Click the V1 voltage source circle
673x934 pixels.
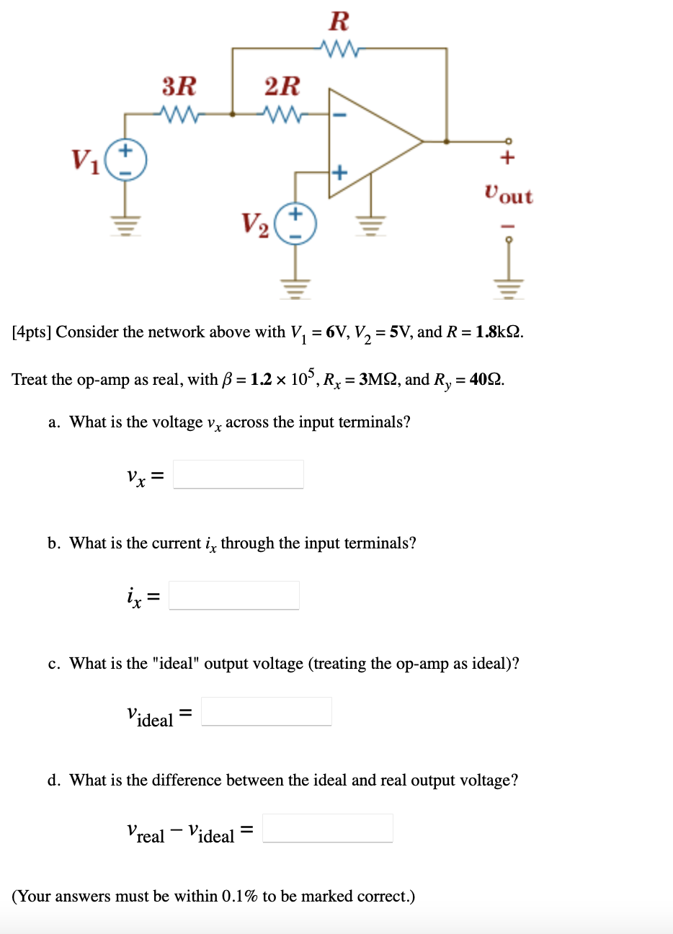pos(126,161)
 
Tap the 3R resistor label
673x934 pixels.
pos(179,86)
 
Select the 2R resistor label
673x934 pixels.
pos(282,86)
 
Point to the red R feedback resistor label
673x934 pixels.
pos(339,22)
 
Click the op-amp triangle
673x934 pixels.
pos(367,143)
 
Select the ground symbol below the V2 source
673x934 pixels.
pos(296,286)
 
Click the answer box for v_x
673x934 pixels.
pos(239,474)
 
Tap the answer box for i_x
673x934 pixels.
pos(234,595)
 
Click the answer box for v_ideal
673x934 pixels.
pos(267,711)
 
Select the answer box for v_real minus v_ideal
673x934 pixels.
pos(328,828)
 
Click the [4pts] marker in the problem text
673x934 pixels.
pos(32,332)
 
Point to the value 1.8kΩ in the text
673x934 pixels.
pos(499,332)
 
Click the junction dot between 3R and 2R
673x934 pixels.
pos(232,113)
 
